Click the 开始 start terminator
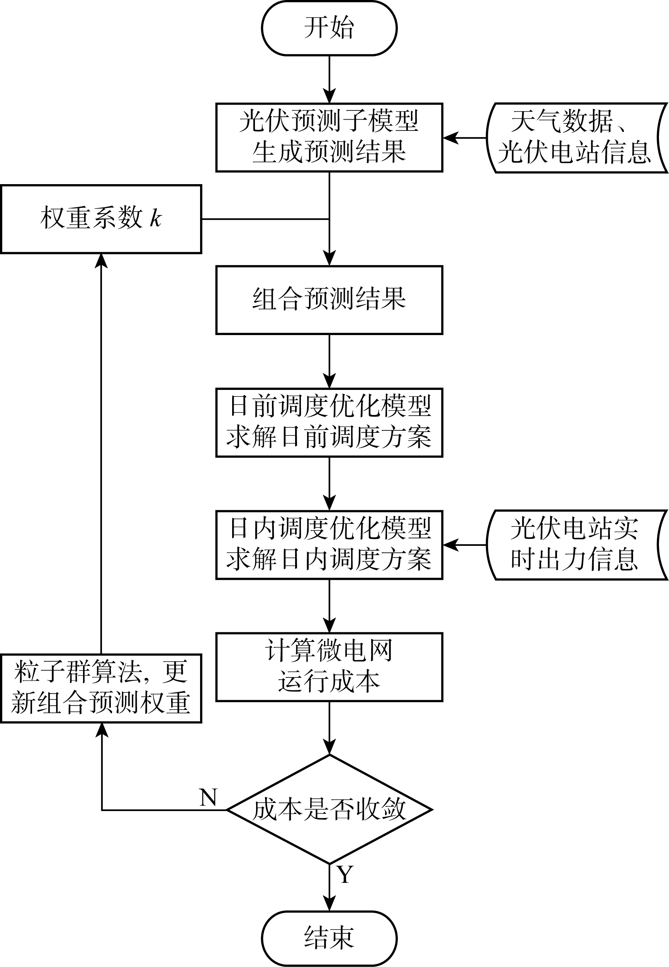pos(329,28)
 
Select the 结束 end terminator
pos(329,938)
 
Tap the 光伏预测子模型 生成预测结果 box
pos(329,137)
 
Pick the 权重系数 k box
pos(101,219)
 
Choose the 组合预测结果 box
pos(329,300)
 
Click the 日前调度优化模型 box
pos(329,423)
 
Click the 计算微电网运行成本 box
pos(329,667)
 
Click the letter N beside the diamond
pos(208,797)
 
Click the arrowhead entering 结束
pos(329,904)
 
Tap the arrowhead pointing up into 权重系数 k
pos(102,260)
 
